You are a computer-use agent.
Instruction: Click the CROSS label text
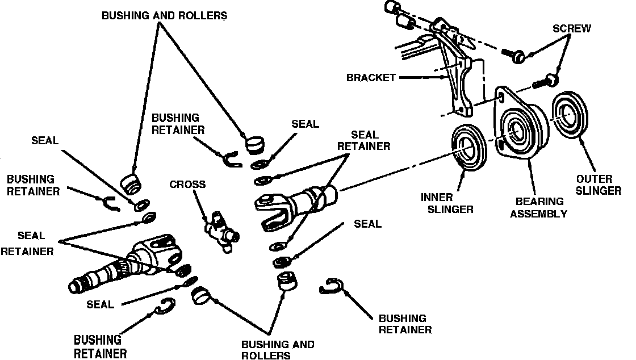(x=187, y=185)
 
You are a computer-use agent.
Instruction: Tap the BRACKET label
(x=371, y=78)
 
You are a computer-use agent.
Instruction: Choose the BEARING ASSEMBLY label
(x=539, y=208)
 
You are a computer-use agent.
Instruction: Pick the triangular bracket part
(x=458, y=74)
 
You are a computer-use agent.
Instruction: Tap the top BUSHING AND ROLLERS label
(x=164, y=15)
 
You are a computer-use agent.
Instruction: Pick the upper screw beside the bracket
(x=514, y=55)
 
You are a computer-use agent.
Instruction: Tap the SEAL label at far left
(x=45, y=140)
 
